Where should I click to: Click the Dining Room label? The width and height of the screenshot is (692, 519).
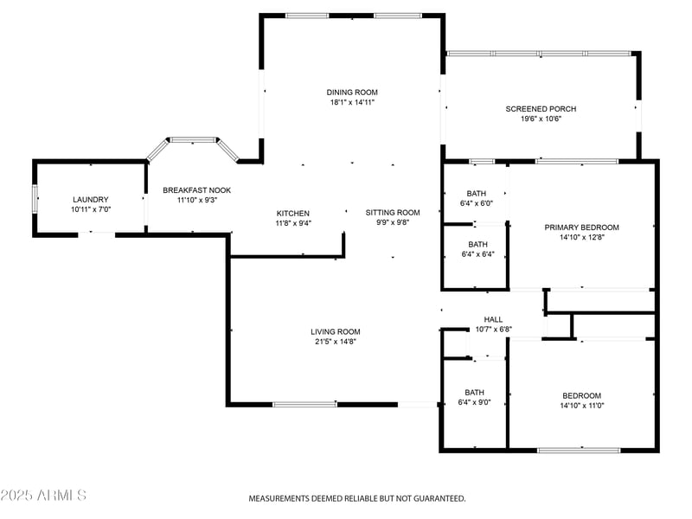point(352,93)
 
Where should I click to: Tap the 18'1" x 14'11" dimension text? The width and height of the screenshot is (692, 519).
point(352,102)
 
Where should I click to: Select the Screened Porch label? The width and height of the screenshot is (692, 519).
point(541,109)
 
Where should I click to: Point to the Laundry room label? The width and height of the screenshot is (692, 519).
point(91,200)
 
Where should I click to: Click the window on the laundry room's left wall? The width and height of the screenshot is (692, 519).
point(35,199)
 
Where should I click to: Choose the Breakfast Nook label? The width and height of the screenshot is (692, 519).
point(197,190)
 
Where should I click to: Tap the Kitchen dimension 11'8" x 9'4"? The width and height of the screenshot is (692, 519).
point(293,223)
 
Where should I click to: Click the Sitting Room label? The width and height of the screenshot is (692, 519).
point(393,212)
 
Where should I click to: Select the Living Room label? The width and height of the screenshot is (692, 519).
point(336,331)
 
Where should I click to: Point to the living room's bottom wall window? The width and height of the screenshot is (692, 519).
point(305,404)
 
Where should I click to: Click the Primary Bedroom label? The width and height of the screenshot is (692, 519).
point(581,227)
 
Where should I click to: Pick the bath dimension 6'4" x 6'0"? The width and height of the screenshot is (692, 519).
point(477,203)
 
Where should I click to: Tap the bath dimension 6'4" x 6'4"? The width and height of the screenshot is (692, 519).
point(478,254)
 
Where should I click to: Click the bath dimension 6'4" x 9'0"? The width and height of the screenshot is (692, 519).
point(474,402)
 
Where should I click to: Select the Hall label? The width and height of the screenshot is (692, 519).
point(493,319)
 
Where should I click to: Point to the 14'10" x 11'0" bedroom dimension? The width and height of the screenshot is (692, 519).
point(581,406)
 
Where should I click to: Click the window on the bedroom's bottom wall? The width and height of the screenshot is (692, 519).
point(579,450)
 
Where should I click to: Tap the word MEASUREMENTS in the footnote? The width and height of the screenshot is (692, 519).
point(279,499)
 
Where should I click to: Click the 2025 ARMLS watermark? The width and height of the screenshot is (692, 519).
point(43,495)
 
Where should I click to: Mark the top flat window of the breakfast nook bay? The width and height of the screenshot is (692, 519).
point(193,140)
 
